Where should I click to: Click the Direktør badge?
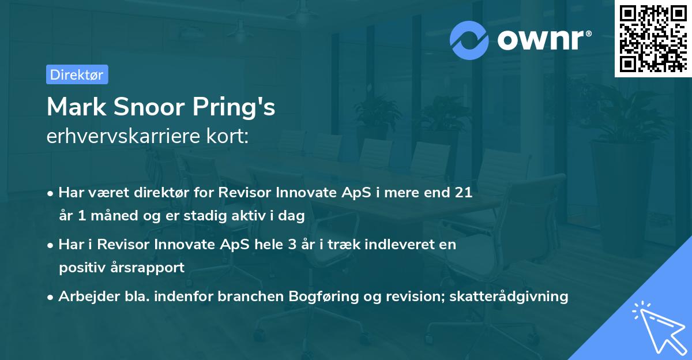tap(77, 74)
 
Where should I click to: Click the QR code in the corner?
tap(652, 38)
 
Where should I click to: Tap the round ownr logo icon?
tap(469, 40)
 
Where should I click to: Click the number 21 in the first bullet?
tap(464, 193)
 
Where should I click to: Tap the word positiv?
tap(78, 268)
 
